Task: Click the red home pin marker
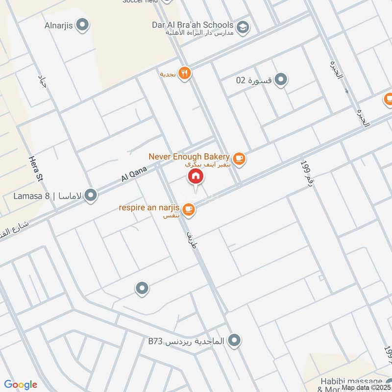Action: pyautogui.click(x=195, y=176)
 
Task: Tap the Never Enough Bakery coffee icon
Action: pyautogui.click(x=239, y=158)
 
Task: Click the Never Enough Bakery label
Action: pyautogui.click(x=189, y=157)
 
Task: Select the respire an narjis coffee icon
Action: pyautogui.click(x=188, y=210)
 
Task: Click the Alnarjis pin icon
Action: pyautogui.click(x=83, y=24)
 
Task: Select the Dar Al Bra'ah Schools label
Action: pyautogui.click(x=192, y=24)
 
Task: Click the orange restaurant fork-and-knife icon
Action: pyautogui.click(x=185, y=73)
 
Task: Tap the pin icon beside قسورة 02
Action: pyautogui.click(x=281, y=79)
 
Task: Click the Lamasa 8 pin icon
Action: pyautogui.click(x=90, y=196)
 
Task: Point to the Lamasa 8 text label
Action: pyautogui.click(x=34, y=196)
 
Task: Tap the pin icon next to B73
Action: pyautogui.click(x=235, y=339)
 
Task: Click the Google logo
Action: pyautogui.click(x=21, y=385)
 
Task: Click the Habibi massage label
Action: pyautogui.click(x=358, y=381)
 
